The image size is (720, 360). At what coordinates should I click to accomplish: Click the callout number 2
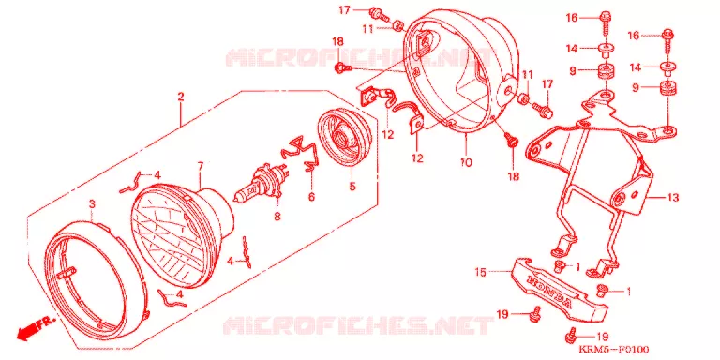[180, 97]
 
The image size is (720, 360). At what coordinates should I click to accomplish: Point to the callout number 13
[673, 198]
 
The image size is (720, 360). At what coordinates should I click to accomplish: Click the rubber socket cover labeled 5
[345, 137]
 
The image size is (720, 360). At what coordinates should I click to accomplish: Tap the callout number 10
[465, 162]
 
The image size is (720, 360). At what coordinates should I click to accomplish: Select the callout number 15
[480, 272]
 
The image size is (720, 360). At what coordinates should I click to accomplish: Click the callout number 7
[201, 166]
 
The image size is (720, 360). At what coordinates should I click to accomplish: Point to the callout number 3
[92, 202]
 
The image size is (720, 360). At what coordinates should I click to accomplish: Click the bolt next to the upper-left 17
[379, 15]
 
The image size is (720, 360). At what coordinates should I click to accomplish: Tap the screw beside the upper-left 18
[343, 68]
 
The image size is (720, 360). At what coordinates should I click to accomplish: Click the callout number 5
[352, 187]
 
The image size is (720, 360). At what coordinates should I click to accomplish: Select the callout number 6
[312, 198]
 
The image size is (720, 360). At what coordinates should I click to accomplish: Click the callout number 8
[277, 216]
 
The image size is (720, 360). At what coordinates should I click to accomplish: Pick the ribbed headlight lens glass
[184, 235]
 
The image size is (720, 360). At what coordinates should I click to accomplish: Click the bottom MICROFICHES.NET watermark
[357, 325]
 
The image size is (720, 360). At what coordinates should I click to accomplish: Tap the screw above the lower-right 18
[511, 139]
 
